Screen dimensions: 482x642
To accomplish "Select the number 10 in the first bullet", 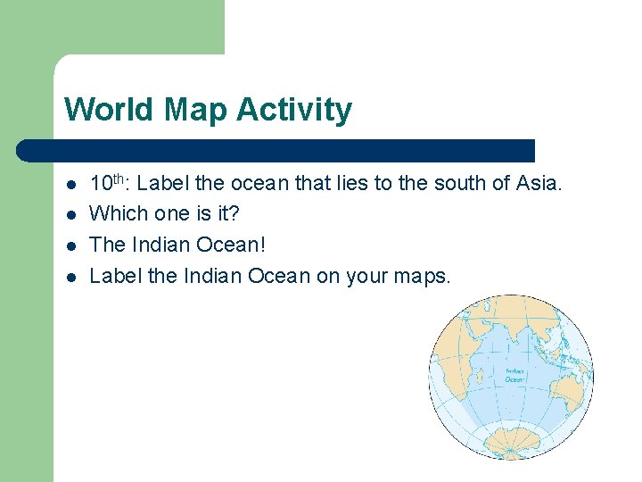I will [x=101, y=185].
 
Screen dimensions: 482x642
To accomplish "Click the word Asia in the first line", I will [x=539, y=184].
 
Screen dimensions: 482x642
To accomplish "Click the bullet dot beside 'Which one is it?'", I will [x=71, y=215].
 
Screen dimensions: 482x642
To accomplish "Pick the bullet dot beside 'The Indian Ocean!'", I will [x=71, y=245].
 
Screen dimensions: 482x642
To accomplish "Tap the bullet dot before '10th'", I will [x=71, y=185].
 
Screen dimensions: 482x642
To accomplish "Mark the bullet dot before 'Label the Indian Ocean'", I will [x=71, y=276].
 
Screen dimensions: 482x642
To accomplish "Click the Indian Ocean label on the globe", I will [x=514, y=375].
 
